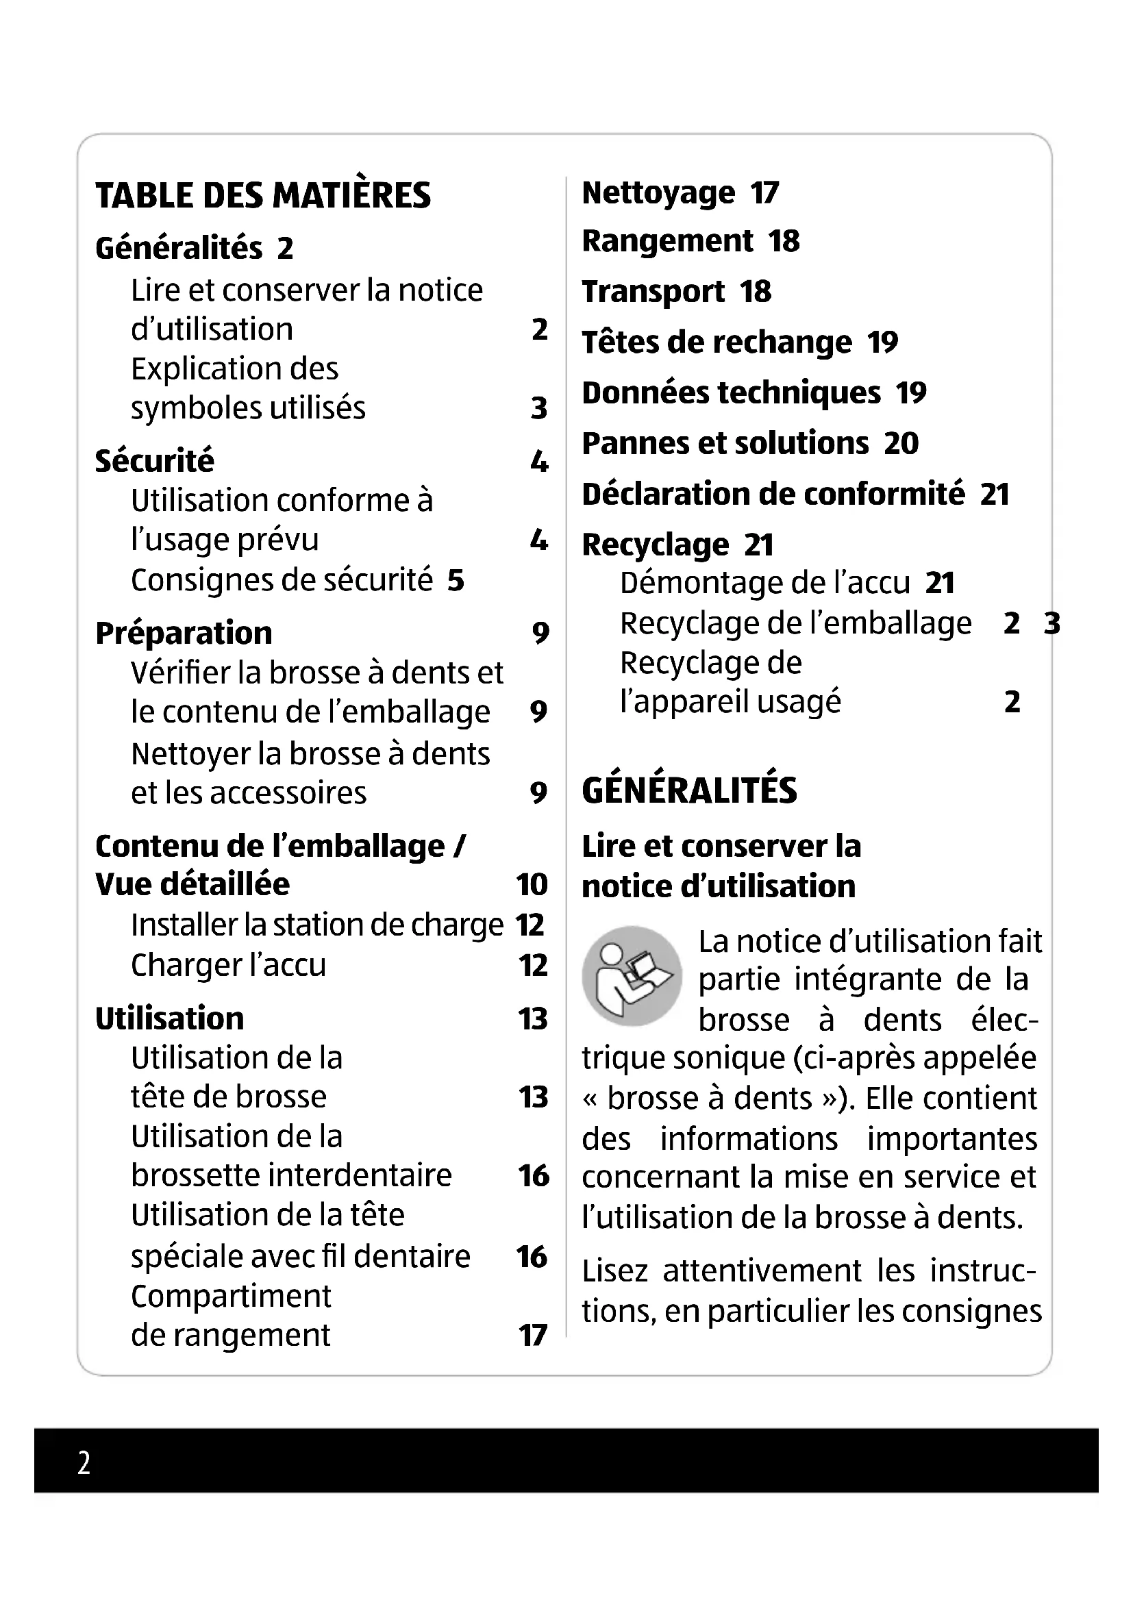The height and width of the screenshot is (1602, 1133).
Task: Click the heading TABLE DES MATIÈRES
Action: pos(263,195)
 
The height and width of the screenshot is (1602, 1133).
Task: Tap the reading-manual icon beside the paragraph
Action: pos(632,975)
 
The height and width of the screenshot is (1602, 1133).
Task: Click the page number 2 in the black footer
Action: pos(84,1462)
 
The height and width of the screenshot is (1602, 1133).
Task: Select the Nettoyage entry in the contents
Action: pos(658,193)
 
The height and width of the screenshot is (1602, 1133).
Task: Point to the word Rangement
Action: pos(667,241)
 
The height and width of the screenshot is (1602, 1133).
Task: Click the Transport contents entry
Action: pos(653,292)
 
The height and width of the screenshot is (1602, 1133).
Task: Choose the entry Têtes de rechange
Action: pos(717,342)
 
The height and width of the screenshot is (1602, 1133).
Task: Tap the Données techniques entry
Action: pos(731,393)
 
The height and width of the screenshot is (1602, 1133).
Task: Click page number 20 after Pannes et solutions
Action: pos(901,444)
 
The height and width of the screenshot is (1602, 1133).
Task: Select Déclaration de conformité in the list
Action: pos(773,494)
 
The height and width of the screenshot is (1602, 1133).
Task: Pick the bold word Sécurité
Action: pos(154,461)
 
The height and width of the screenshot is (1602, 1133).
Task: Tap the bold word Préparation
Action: pos(184,634)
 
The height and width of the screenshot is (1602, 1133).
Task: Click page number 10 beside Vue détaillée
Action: pos(532,885)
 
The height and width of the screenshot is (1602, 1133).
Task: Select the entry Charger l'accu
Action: pos(228,966)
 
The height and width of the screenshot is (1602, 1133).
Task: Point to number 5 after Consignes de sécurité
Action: pos(456,581)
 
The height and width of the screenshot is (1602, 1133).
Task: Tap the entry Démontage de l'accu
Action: pos(764,584)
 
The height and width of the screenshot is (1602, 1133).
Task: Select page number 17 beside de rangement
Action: pos(532,1336)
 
